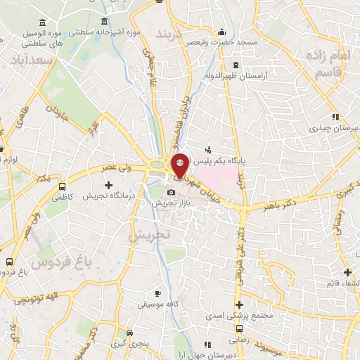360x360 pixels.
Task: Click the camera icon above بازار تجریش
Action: [171, 192]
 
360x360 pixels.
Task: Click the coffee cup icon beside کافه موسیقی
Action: [159, 293]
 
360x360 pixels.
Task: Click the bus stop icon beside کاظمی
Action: [63, 187]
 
